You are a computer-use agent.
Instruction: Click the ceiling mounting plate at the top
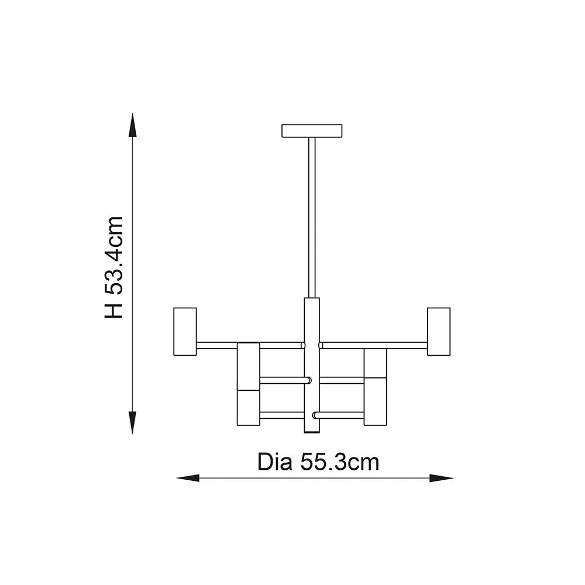click(x=312, y=130)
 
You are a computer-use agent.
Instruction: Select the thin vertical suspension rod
click(x=312, y=216)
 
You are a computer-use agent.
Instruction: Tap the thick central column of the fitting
click(x=312, y=366)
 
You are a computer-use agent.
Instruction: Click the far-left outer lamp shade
click(x=185, y=331)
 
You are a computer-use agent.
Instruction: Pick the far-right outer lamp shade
click(x=439, y=331)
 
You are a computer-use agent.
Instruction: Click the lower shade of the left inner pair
click(x=248, y=408)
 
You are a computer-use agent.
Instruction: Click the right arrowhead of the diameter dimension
click(x=441, y=478)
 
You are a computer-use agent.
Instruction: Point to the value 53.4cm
click(x=114, y=255)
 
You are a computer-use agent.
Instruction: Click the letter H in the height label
click(x=114, y=308)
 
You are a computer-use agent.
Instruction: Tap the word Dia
click(x=275, y=462)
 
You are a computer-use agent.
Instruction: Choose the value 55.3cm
click(x=339, y=462)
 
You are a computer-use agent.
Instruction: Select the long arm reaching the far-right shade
click(x=374, y=345)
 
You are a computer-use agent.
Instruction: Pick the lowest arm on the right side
click(x=339, y=415)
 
